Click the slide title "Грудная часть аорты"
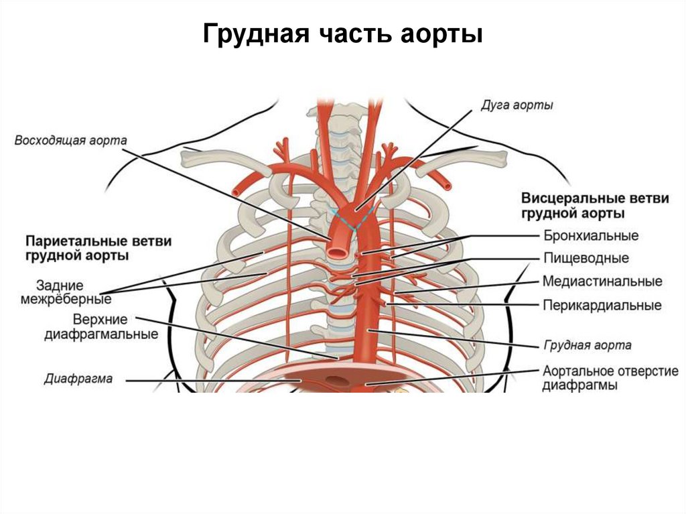(343, 34)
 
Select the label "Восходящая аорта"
(70, 141)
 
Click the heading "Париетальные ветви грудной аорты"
(98, 247)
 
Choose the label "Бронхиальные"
(590, 236)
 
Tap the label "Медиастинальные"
(602, 281)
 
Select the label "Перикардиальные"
(602, 305)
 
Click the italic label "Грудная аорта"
(586, 346)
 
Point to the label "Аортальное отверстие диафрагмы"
(610, 378)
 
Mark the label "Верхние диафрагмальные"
(100, 326)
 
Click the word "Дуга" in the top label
(494, 106)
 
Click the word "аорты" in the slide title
(446, 34)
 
